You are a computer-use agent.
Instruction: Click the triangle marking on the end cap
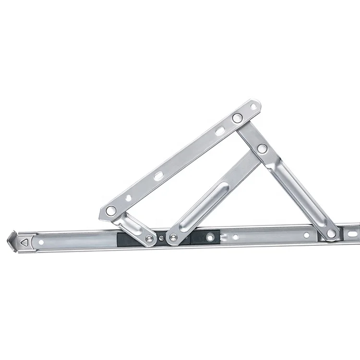click(24, 243)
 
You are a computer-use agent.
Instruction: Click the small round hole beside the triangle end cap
click(41, 242)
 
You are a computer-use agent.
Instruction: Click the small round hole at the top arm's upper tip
click(253, 106)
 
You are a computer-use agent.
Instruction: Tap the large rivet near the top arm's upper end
click(237, 118)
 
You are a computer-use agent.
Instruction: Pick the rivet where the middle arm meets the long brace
click(262, 148)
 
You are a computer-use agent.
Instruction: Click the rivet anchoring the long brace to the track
click(331, 233)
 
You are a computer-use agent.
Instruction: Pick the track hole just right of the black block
click(235, 236)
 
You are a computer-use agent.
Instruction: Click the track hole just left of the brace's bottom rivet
click(306, 235)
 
